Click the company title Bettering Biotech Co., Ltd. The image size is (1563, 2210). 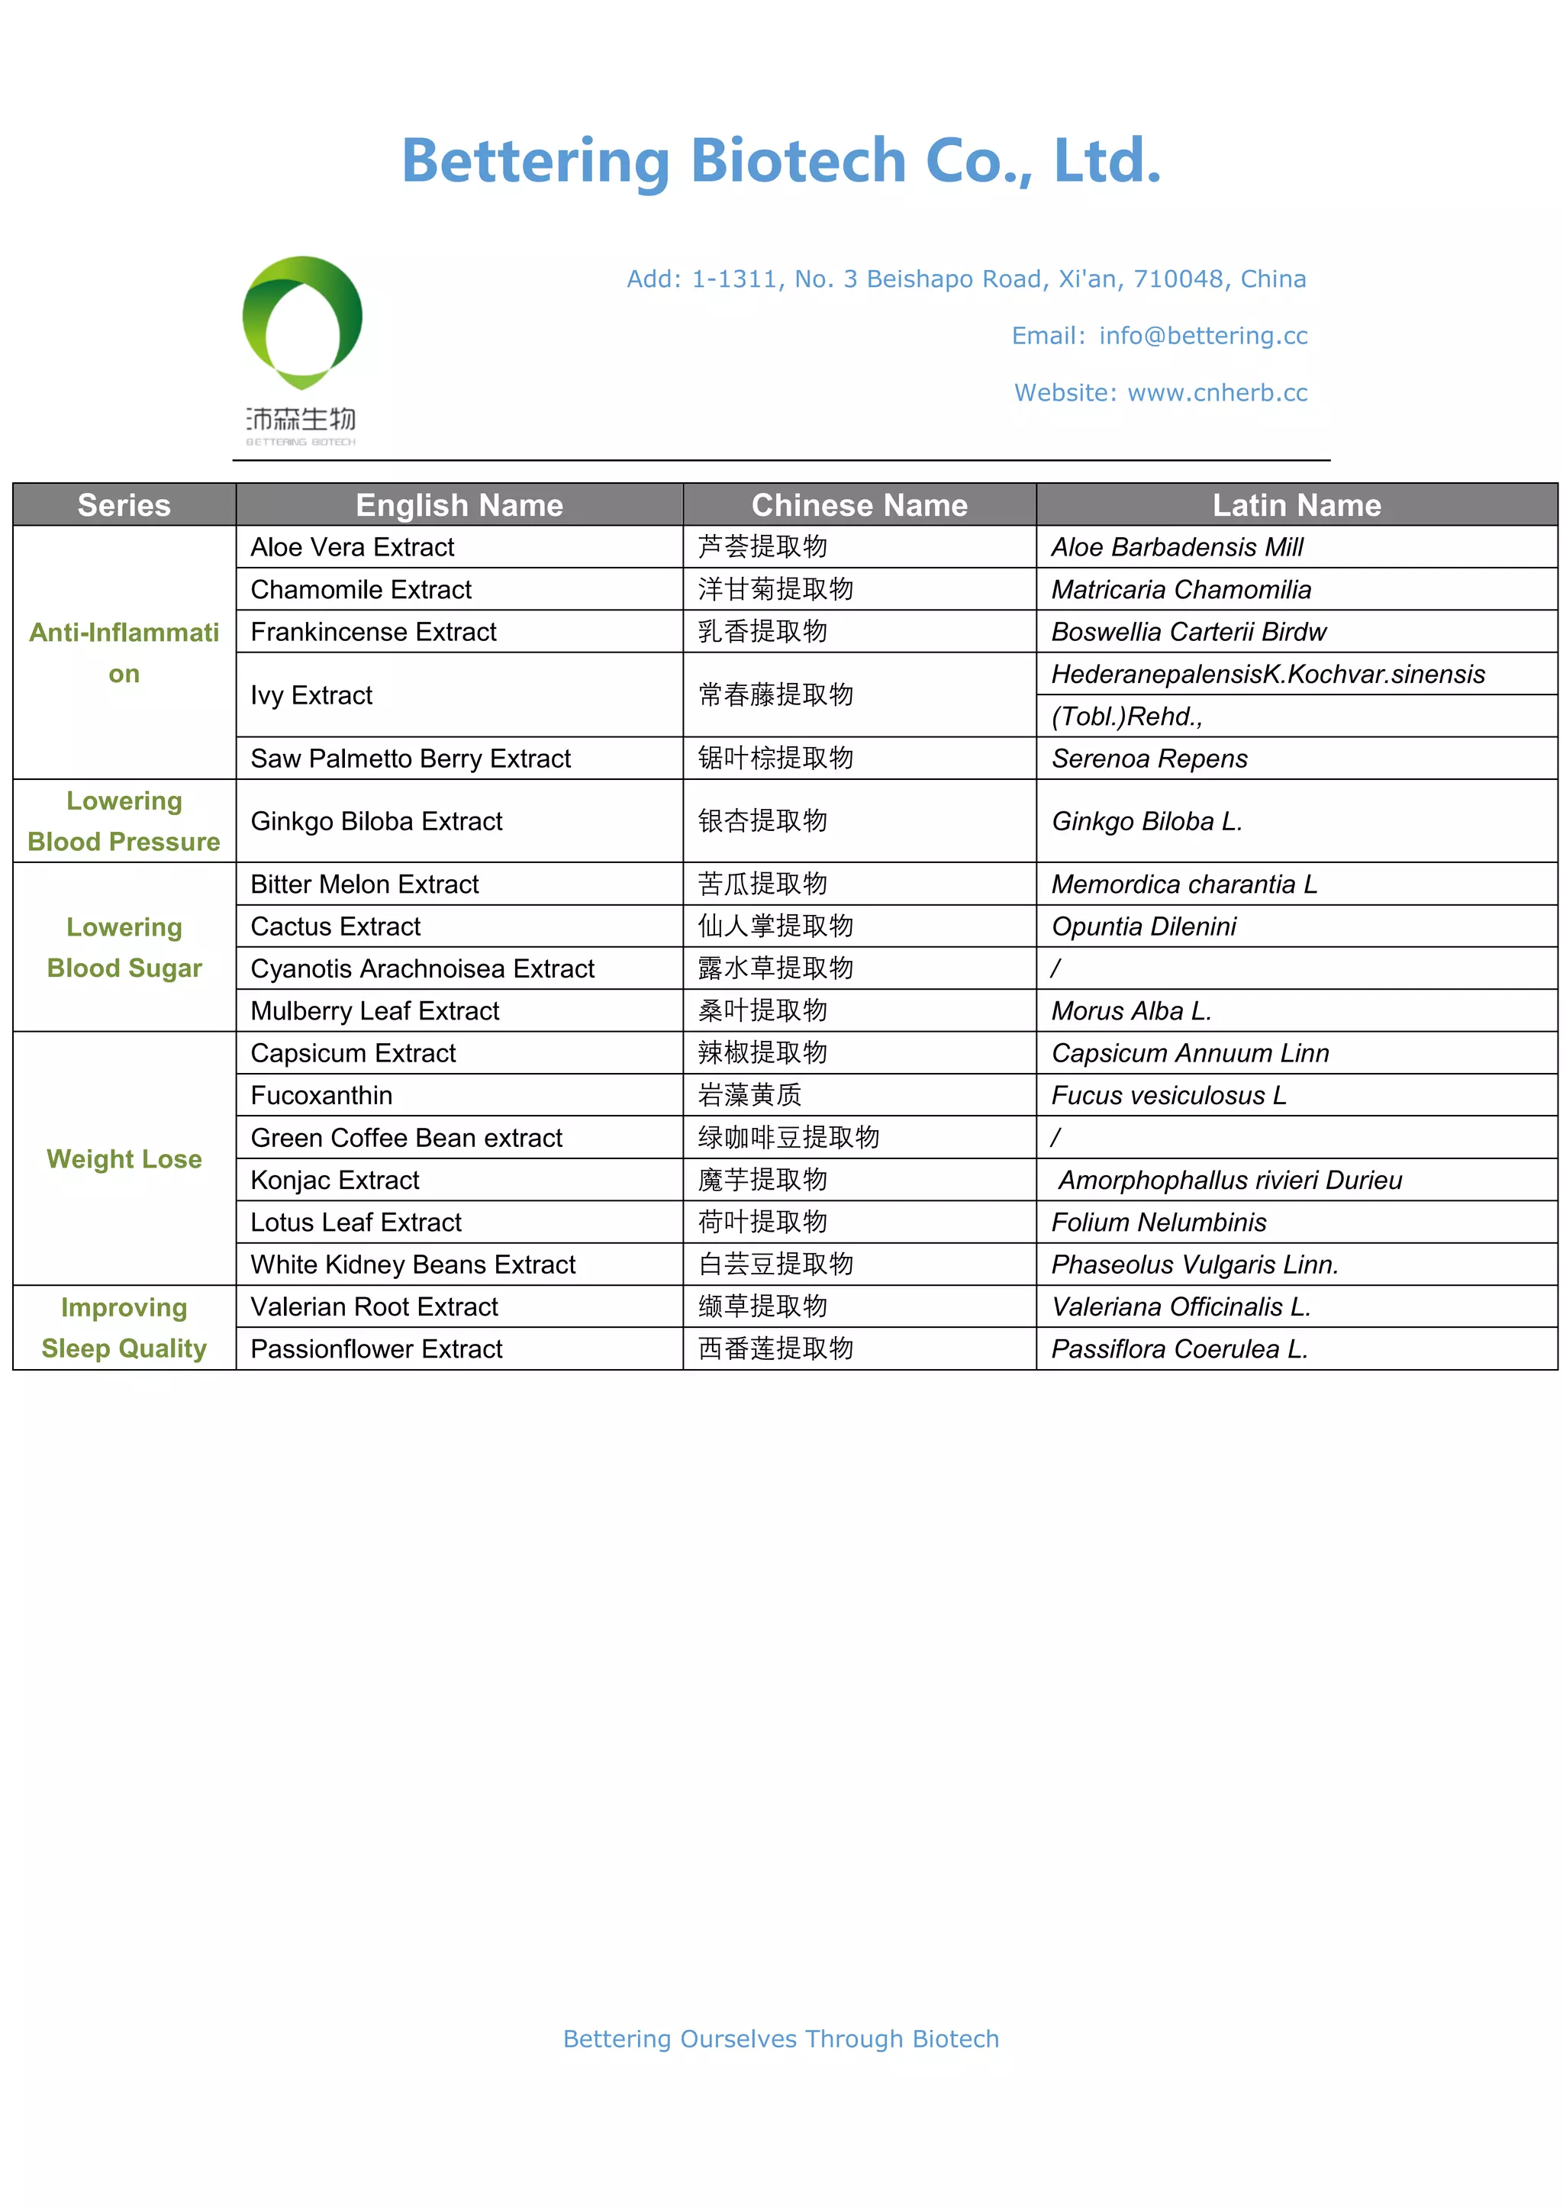(x=781, y=161)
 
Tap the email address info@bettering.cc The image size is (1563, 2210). (x=1203, y=336)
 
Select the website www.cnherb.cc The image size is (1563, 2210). (x=1217, y=393)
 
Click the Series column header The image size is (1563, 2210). (x=124, y=505)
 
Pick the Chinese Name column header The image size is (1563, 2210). (x=859, y=505)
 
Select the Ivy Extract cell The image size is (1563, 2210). (x=311, y=695)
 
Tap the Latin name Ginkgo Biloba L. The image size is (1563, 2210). (x=1146, y=821)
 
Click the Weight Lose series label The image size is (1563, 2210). (x=124, y=1159)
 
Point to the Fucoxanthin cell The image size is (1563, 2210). (x=321, y=1095)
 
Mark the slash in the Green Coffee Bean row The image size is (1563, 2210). (x=1055, y=1138)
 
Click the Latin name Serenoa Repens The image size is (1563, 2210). (x=1149, y=759)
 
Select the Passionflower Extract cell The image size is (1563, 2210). (x=376, y=1348)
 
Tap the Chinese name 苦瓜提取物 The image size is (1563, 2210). (x=762, y=884)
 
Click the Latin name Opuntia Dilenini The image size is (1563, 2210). (x=1143, y=926)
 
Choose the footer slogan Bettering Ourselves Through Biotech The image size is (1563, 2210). (x=781, y=2038)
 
